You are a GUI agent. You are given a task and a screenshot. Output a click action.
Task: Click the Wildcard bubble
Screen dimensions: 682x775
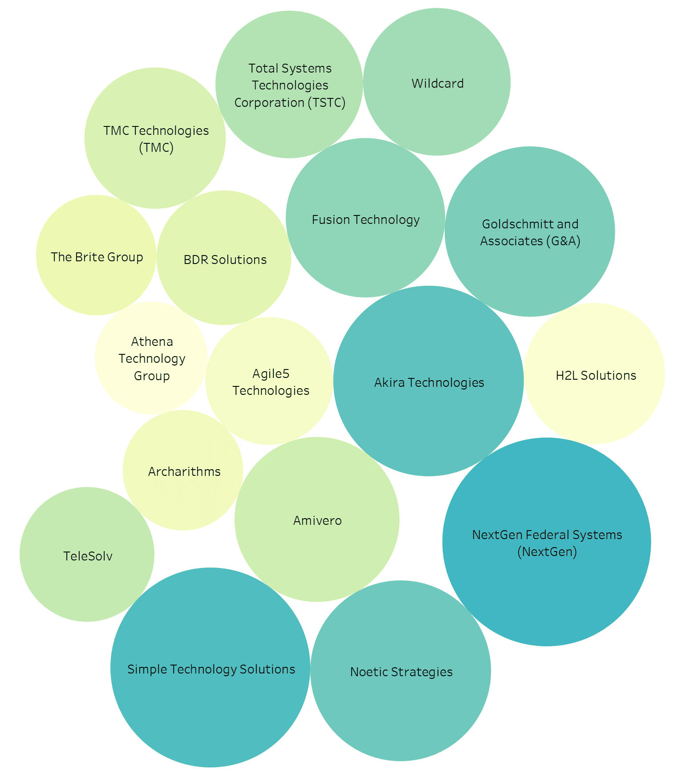[437, 82]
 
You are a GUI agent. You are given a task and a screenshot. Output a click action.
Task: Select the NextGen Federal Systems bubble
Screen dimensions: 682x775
[547, 542]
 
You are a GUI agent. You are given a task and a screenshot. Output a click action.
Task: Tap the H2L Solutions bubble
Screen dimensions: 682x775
[595, 373]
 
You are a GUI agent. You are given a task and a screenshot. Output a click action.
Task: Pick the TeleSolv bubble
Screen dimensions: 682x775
[87, 554]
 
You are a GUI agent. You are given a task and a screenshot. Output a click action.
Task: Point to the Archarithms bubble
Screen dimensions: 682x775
[183, 470]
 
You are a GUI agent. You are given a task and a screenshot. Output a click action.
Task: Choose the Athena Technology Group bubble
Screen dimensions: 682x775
[151, 358]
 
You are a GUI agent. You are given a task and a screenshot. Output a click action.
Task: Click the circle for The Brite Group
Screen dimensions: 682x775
[96, 255]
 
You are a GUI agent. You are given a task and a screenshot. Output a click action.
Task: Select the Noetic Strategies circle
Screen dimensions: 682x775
[401, 671]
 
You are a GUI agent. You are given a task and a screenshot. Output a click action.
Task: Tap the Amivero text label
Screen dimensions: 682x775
[317, 520]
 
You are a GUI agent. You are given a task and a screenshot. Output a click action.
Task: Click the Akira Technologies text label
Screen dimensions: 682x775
[429, 382]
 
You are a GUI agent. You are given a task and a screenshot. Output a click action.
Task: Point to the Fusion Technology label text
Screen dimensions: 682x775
[366, 220]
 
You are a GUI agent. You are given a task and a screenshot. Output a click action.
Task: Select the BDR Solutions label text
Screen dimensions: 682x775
[225, 260]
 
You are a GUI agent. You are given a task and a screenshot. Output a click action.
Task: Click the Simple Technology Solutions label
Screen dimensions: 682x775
[211, 669]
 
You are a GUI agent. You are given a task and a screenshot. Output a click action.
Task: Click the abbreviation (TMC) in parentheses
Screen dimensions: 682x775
[156, 147]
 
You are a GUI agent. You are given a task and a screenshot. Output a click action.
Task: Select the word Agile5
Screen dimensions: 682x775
[271, 374]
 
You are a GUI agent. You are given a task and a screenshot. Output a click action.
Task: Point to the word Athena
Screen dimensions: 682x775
[152, 341]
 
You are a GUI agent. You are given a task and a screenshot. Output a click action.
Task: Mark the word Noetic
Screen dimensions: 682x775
[368, 672]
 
